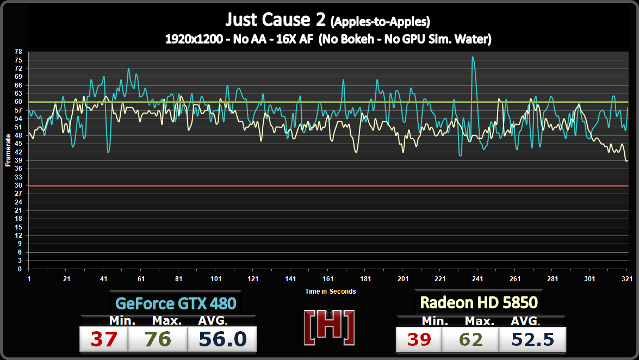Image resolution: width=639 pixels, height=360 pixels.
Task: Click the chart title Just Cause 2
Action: coord(275,20)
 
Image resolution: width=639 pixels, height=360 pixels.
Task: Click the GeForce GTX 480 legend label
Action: coord(176,302)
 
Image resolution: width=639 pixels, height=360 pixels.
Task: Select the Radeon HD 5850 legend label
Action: coord(479,302)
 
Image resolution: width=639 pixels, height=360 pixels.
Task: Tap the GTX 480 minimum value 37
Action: coord(103,339)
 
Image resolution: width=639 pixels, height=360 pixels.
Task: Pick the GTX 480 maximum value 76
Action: coord(158,339)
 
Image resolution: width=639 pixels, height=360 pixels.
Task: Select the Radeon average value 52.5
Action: coord(532,339)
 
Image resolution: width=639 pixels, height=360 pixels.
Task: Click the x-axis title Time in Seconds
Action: coord(330,291)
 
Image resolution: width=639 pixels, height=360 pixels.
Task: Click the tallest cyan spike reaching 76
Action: coord(473,57)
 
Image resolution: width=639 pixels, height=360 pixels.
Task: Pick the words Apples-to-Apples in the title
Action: coord(381,22)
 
